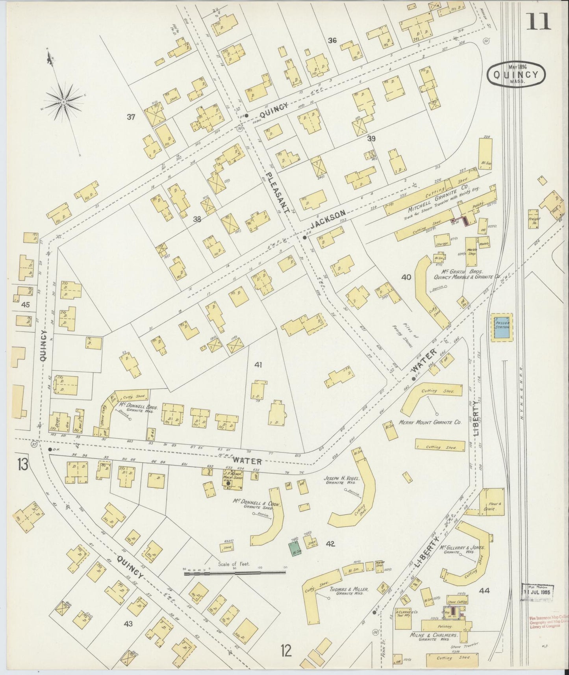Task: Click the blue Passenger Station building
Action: coord(502,327)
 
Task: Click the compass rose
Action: coord(63,102)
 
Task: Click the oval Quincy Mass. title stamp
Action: coord(516,74)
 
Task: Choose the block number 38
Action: coord(197,219)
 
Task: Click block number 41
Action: coord(258,365)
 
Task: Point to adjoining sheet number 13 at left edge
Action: coord(22,465)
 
